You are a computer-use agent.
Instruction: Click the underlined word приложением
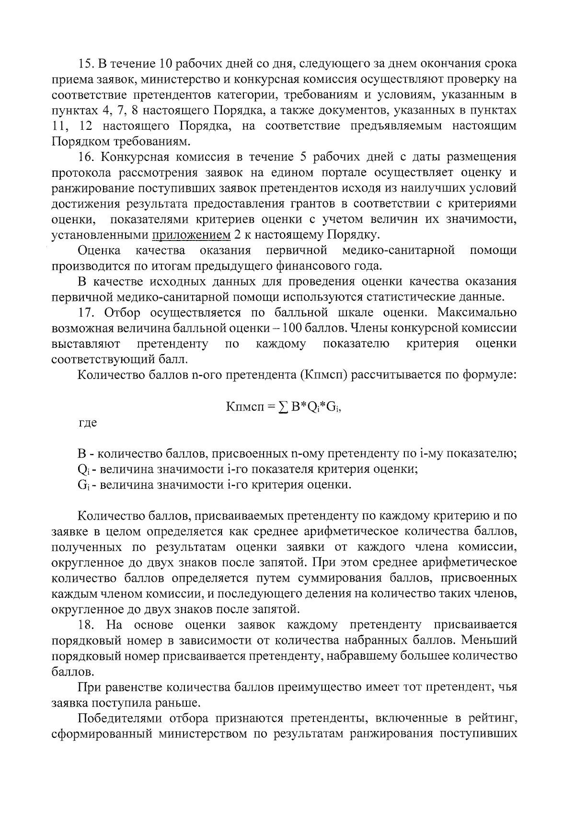(191, 235)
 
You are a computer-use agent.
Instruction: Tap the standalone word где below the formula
(88, 423)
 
